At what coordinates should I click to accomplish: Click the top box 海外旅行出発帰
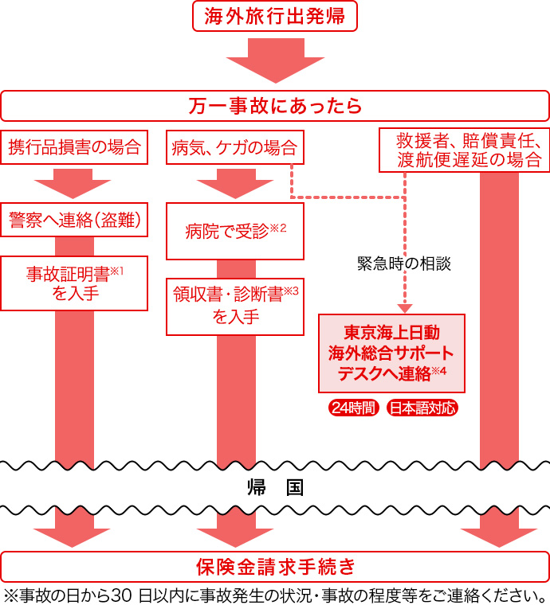pyautogui.click(x=275, y=17)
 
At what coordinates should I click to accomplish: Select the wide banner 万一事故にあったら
pyautogui.click(x=275, y=105)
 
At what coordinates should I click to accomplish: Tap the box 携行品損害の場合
pyautogui.click(x=74, y=146)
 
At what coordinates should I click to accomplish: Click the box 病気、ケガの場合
pyautogui.click(x=234, y=147)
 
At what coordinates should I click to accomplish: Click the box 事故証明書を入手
pyautogui.click(x=74, y=283)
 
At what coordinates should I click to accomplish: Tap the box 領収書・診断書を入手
pyautogui.click(x=234, y=306)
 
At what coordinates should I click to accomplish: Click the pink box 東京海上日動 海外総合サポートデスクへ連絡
pyautogui.click(x=391, y=353)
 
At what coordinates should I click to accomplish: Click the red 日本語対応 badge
pyautogui.click(x=422, y=408)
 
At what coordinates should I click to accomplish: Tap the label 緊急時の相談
pyautogui.click(x=404, y=264)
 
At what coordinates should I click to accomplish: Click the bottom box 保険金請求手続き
pyautogui.click(x=275, y=566)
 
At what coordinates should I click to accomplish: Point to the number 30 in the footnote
pyautogui.click(x=120, y=595)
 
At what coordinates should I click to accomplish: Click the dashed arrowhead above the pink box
pyautogui.click(x=404, y=307)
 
